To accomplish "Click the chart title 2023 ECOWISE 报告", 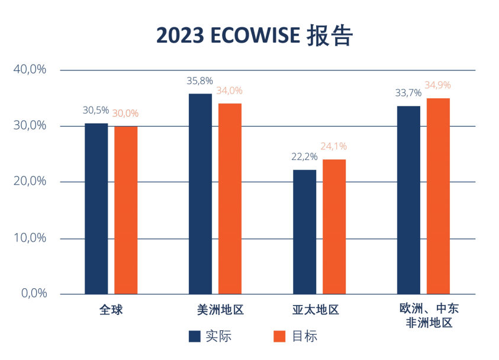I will (255, 36).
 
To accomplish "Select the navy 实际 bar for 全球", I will (96, 208).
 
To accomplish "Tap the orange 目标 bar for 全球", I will (126, 210).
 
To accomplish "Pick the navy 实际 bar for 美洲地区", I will (200, 194).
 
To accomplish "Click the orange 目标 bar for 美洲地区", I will (230, 199).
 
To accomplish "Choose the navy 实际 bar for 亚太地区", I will (304, 232).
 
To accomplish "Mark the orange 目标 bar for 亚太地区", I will (334, 226).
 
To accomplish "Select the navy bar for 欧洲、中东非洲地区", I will (408, 200).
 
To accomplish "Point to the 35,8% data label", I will (200, 81).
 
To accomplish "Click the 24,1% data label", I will (334, 146).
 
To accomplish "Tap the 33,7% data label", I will (408, 93).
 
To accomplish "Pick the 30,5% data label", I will (96, 110).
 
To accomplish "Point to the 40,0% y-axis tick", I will (30, 69).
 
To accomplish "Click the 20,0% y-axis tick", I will (30, 181).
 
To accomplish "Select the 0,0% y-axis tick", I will (32, 294).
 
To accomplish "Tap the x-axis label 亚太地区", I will (316, 310).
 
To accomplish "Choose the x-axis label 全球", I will (111, 310).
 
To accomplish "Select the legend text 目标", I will (305, 336).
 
